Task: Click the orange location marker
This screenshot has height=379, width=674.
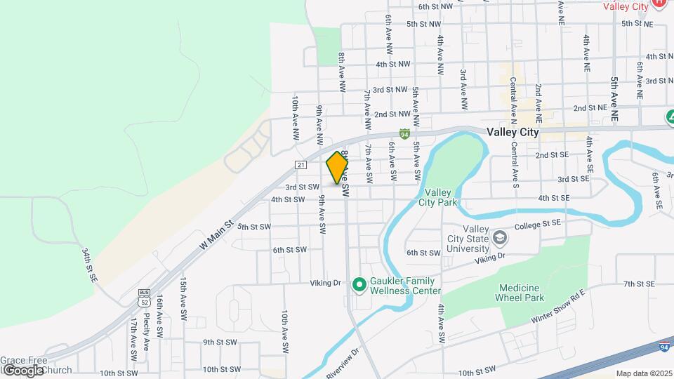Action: click(x=337, y=168)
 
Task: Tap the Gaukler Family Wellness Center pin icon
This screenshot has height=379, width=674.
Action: click(x=359, y=284)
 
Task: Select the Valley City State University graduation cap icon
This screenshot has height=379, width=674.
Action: click(x=499, y=238)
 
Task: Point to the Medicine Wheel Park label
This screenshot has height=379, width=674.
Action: click(x=521, y=293)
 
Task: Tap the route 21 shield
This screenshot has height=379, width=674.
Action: click(x=300, y=165)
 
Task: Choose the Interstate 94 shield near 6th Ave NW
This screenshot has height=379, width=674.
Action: click(x=404, y=133)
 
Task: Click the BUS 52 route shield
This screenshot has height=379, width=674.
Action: click(x=144, y=298)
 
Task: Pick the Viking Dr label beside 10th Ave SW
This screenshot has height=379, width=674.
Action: click(x=325, y=284)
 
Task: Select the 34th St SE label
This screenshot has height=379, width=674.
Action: click(x=88, y=264)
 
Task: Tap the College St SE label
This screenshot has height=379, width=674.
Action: click(x=538, y=225)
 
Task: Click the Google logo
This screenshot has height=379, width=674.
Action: click(x=22, y=370)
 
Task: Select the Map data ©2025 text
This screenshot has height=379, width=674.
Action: click(x=643, y=373)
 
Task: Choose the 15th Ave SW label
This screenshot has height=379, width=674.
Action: click(x=183, y=294)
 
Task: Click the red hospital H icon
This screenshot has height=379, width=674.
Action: click(x=659, y=3)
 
